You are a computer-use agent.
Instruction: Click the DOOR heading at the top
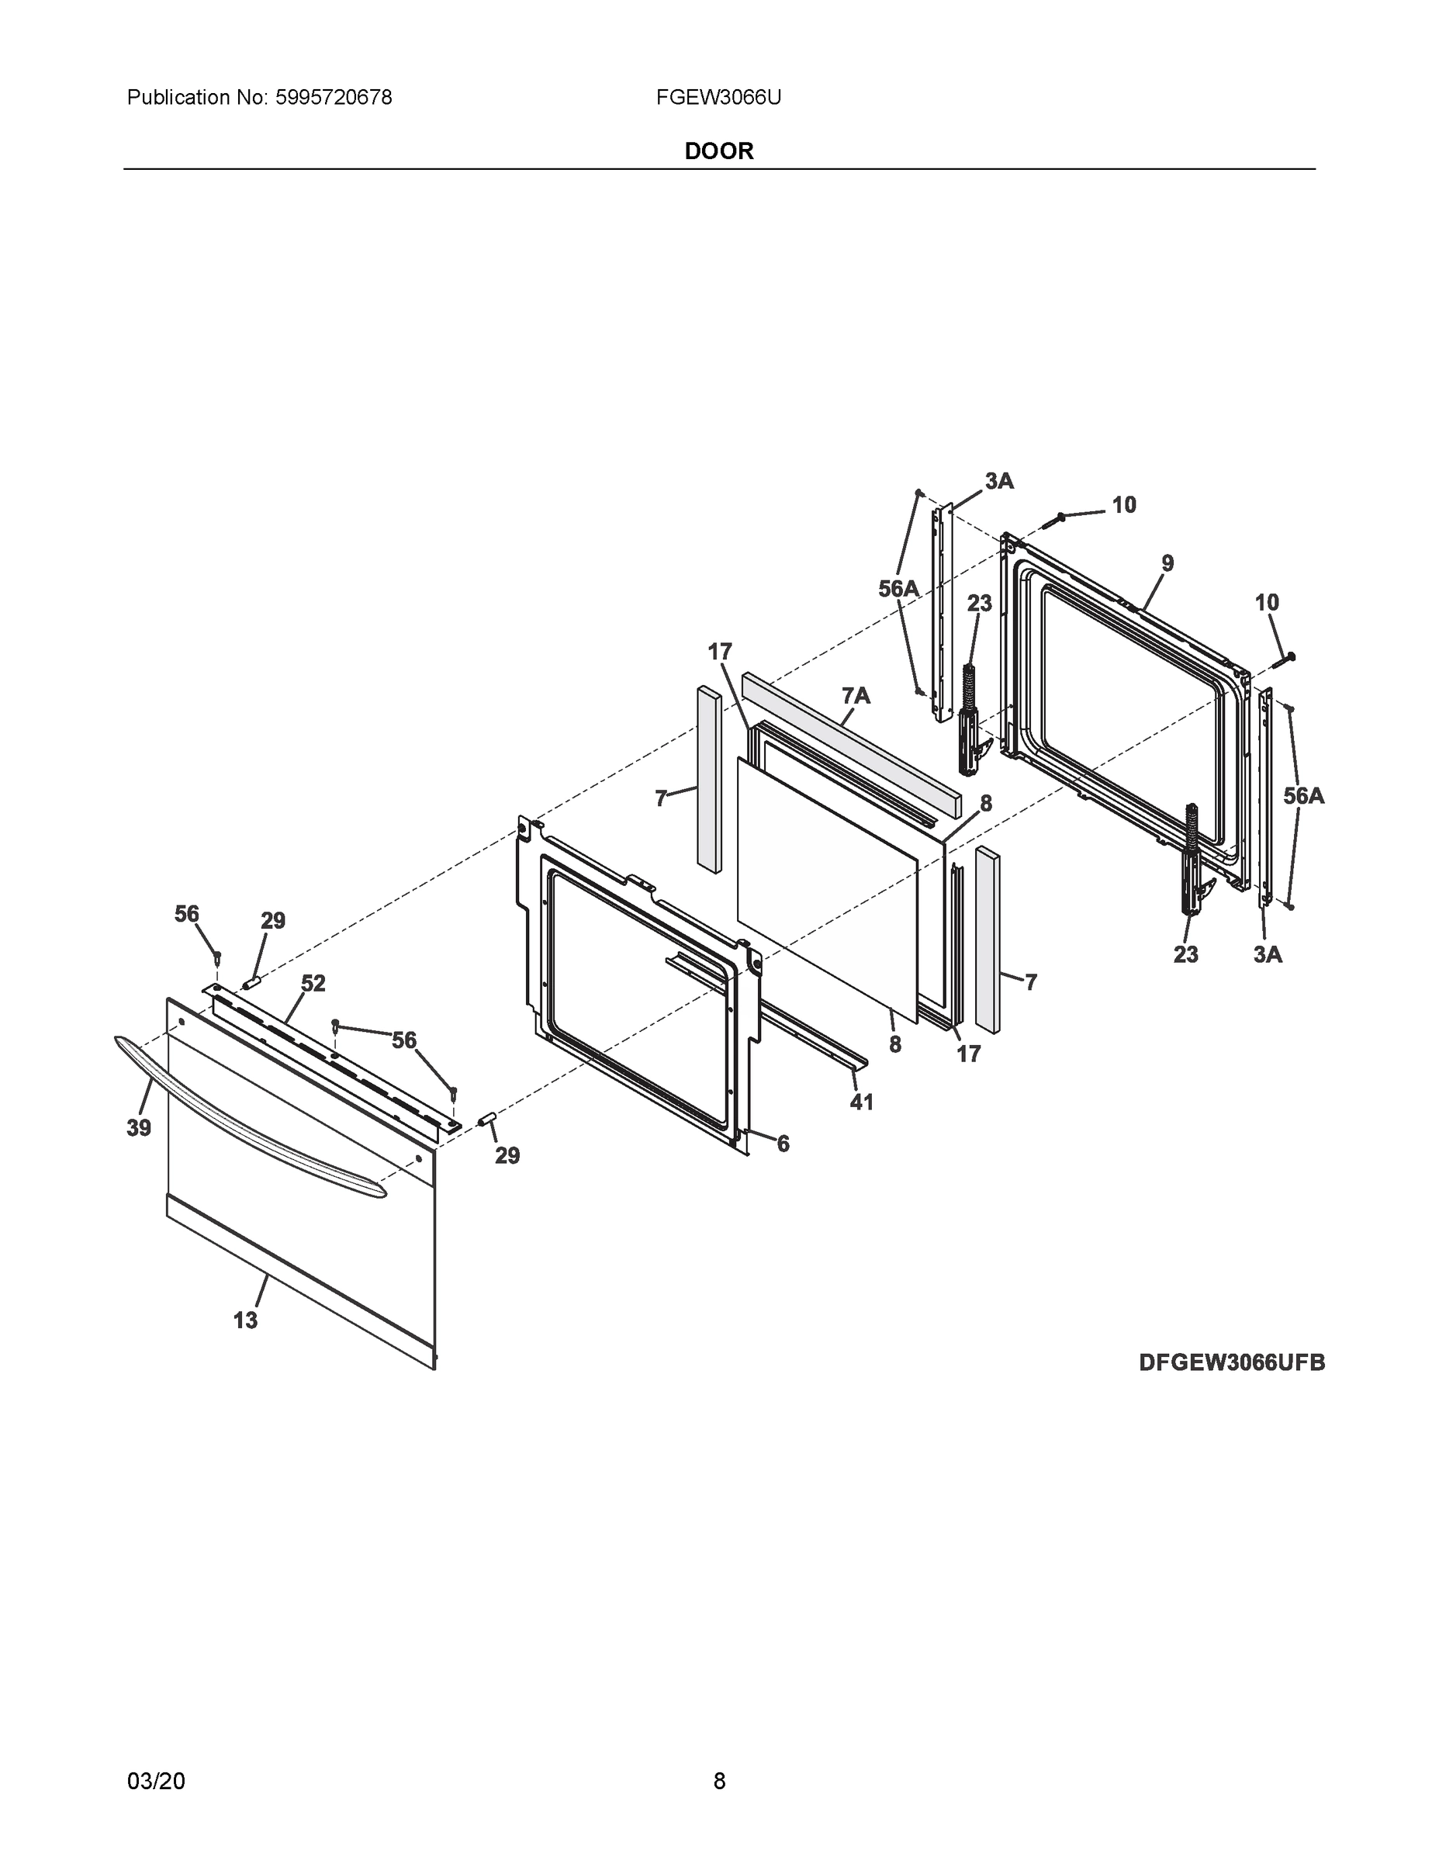[x=718, y=151]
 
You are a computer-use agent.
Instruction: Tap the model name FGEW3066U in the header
[x=718, y=98]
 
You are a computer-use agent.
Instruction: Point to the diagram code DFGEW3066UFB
[x=1231, y=1362]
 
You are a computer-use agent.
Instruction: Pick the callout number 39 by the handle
[x=139, y=1128]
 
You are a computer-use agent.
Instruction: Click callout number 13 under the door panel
[x=245, y=1320]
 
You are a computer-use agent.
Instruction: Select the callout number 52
[x=313, y=983]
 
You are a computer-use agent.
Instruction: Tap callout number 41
[x=861, y=1102]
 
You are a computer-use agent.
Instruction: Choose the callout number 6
[x=783, y=1144]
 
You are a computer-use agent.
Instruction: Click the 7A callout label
[x=856, y=697]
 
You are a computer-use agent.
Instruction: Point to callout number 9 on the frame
[x=1167, y=563]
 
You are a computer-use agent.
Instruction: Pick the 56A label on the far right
[x=1303, y=796]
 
